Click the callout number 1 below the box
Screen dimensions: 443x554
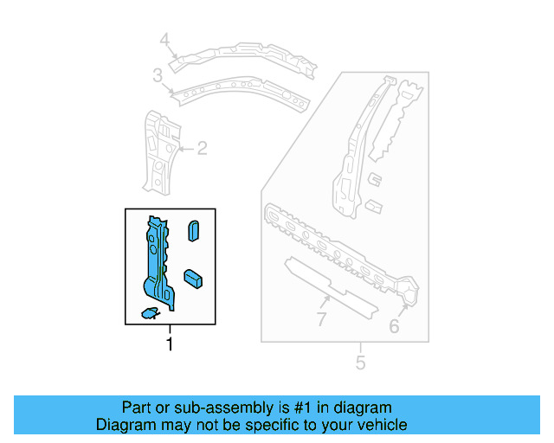pos(170,344)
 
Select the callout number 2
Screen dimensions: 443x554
pos(202,149)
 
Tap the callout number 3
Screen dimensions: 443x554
pos(158,77)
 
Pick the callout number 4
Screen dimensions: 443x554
pos(164,39)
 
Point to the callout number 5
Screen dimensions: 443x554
pos(360,363)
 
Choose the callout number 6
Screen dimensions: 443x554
pos(394,326)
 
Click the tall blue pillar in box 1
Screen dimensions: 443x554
pos(158,260)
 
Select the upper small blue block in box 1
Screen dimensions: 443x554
pos(194,232)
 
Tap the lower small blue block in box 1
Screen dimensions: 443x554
pos(192,279)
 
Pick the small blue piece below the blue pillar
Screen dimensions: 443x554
pos(148,311)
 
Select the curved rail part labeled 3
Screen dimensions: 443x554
pos(242,90)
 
